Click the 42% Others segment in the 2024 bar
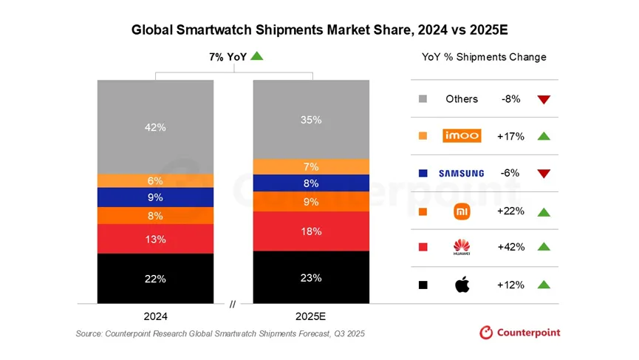(155, 127)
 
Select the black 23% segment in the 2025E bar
(311, 277)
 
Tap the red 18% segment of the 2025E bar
(311, 231)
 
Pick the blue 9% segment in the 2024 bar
(155, 197)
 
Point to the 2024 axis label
(155, 316)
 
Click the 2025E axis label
(311, 316)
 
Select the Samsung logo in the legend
(462, 173)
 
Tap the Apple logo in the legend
(462, 285)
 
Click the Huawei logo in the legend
(462, 247)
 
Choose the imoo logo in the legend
(462, 135)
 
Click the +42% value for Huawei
(510, 247)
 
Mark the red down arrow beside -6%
(544, 174)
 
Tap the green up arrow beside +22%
(544, 212)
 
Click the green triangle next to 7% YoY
(256, 56)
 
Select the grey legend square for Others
(423, 99)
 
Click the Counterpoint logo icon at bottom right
(486, 333)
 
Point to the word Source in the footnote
(91, 334)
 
